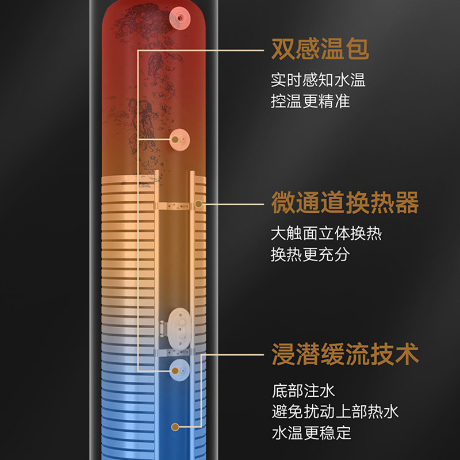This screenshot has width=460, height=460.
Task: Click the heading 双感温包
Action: click(x=320, y=50)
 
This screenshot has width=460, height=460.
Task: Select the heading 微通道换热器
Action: click(x=344, y=203)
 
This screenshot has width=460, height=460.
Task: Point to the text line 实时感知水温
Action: click(x=318, y=80)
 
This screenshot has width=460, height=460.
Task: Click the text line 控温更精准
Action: click(x=310, y=101)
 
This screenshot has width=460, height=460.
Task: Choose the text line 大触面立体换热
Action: click(x=326, y=233)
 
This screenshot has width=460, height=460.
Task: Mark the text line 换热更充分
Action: click(x=310, y=255)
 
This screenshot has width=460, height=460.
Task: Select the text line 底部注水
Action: click(x=302, y=392)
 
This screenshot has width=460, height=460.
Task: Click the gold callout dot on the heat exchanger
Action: click(x=199, y=204)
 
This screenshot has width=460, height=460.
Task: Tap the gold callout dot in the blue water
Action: click(x=175, y=427)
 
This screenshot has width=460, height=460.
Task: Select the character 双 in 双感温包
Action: click(x=283, y=50)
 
